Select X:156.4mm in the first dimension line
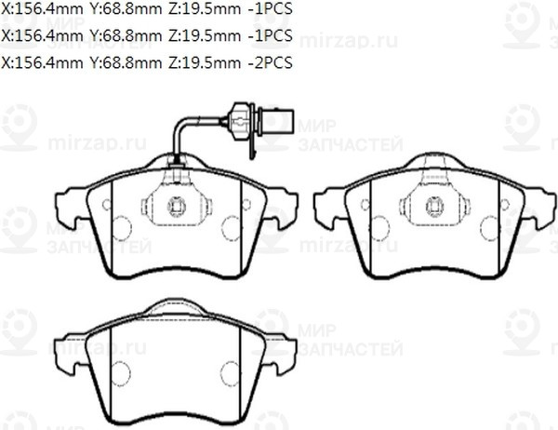point(41,11)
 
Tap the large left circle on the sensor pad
point(121,225)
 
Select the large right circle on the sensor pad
point(231,225)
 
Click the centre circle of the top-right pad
point(434,207)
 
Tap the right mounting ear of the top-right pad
point(542,207)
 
